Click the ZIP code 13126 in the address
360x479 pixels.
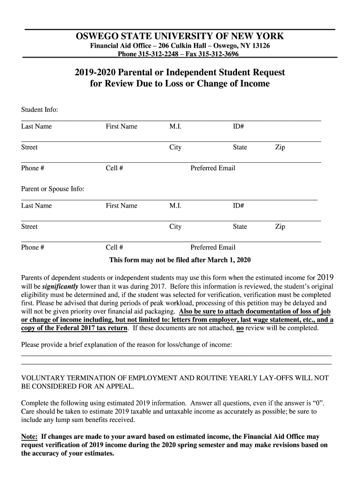pos(260,46)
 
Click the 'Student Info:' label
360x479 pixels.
pos(40,109)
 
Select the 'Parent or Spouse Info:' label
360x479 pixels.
pos(53,189)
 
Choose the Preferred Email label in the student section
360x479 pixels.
pos(213,168)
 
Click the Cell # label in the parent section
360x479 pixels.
pos(115,247)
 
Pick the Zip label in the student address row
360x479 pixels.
pos(280,147)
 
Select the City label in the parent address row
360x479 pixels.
pos(175,227)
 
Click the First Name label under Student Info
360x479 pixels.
pos(122,126)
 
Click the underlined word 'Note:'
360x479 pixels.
pos(29,436)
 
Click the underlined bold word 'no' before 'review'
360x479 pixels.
pos(240,328)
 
